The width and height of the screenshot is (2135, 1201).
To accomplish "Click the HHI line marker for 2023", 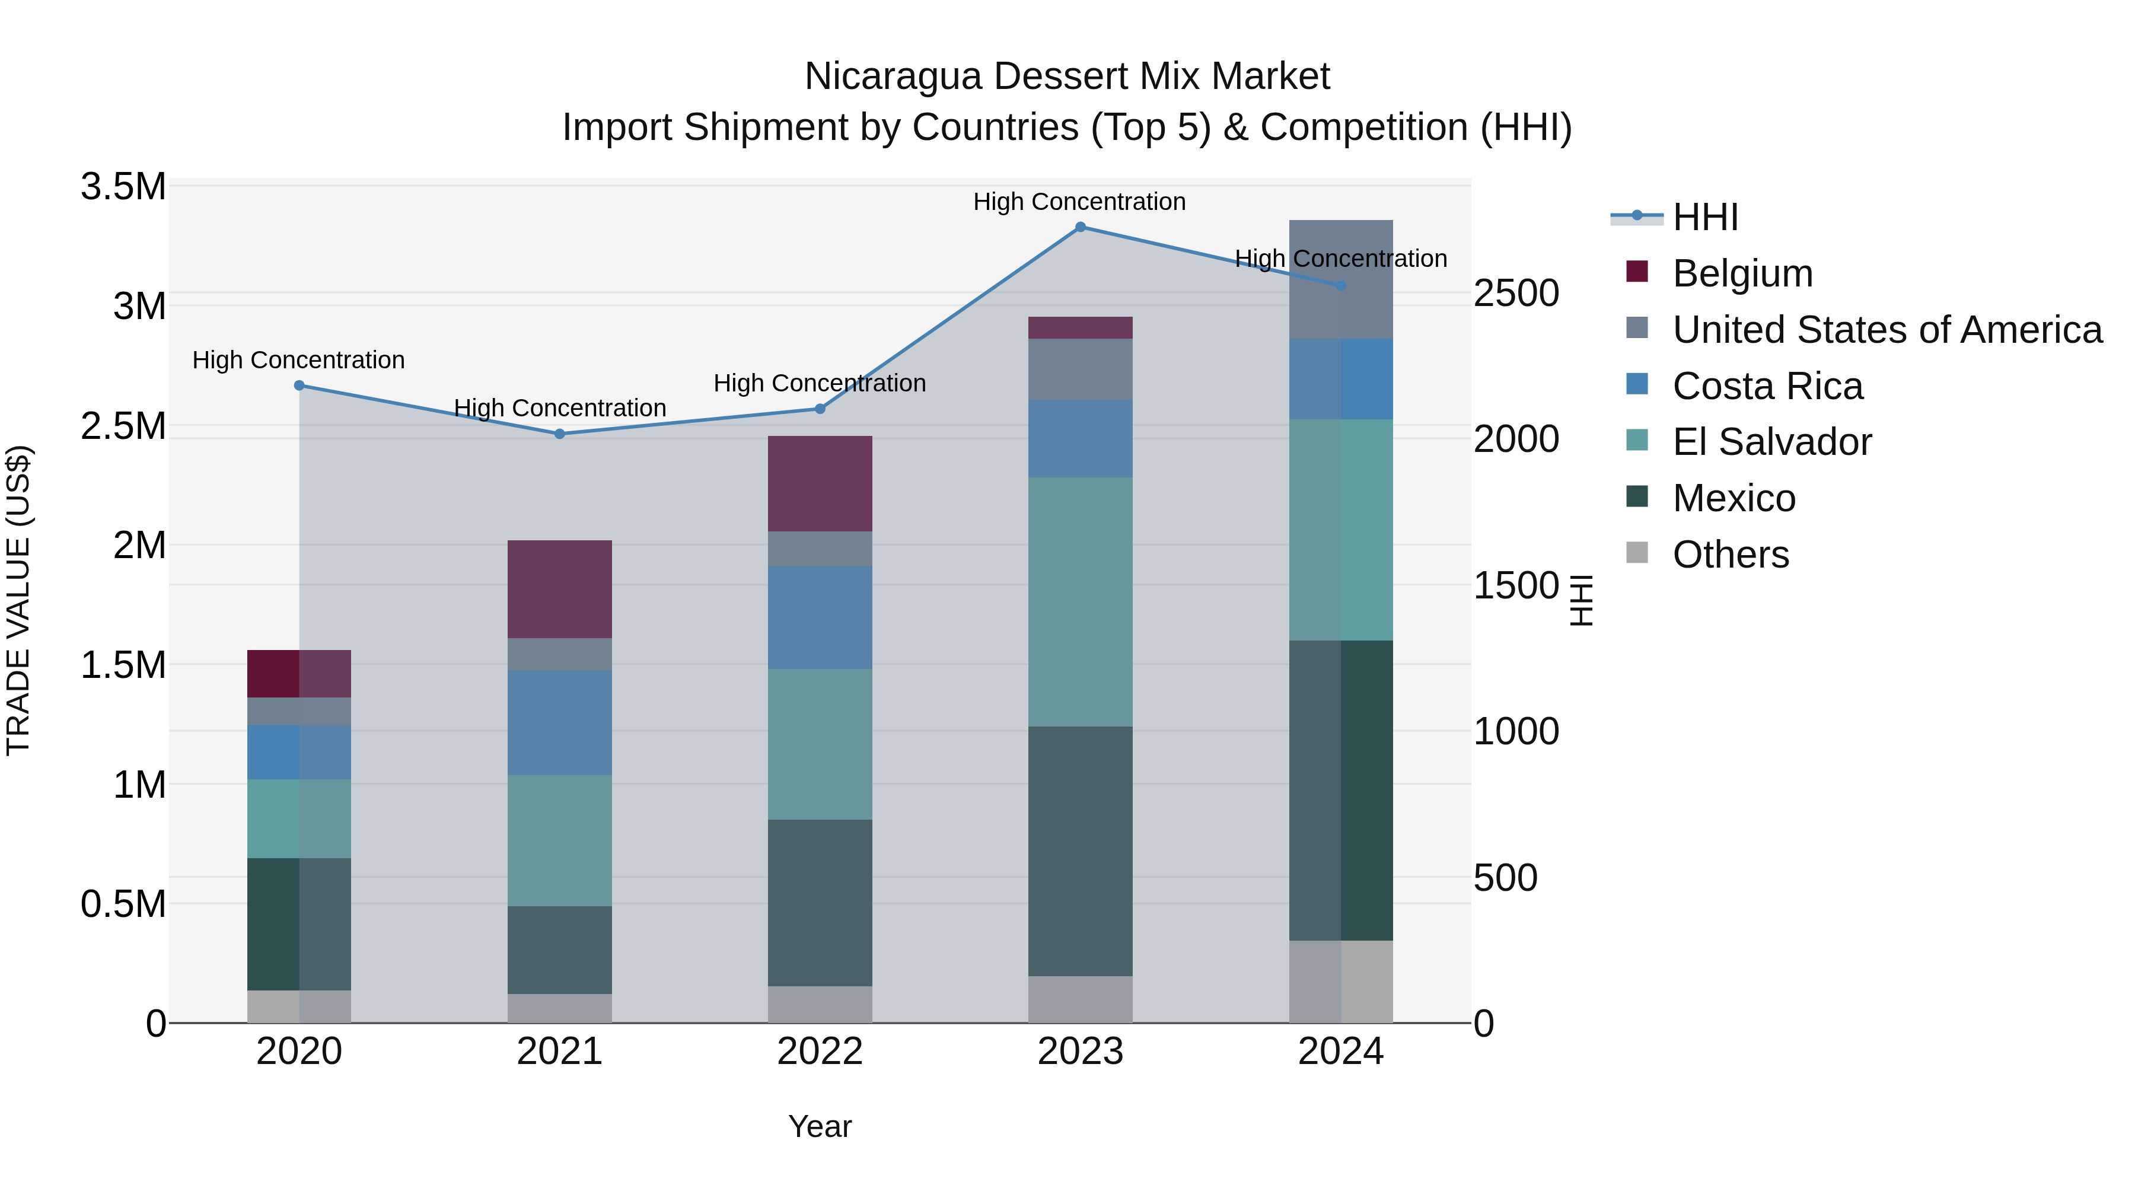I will click(1080, 227).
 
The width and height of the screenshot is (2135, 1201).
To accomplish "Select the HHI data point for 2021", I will click(559, 434).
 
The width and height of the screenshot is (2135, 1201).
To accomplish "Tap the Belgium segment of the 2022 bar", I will click(820, 483).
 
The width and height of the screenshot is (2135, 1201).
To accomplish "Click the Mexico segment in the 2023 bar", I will click(1080, 850).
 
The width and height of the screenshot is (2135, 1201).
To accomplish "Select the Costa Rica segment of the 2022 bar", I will click(820, 617).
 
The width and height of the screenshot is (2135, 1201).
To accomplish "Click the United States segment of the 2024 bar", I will click(1340, 279).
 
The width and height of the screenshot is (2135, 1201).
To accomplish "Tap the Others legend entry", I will click(1730, 554).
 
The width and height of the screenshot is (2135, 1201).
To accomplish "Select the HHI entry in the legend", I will click(1705, 217).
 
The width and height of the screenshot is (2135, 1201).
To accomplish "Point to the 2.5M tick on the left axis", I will click(123, 425).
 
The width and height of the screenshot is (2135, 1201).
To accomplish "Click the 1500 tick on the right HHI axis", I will click(1516, 585).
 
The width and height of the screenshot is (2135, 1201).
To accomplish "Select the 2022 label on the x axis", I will click(820, 1051).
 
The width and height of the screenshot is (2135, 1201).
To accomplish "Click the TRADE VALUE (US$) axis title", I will click(18, 600).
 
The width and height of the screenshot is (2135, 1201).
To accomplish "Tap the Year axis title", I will click(820, 1126).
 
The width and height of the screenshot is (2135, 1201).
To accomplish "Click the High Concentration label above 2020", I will click(298, 360).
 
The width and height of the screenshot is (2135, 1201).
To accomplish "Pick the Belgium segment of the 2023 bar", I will click(1080, 327).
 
